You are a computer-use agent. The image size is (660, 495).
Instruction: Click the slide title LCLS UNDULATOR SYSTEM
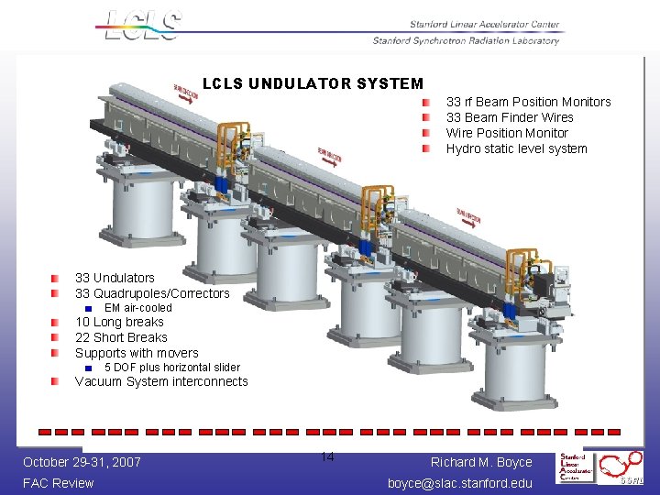click(x=313, y=84)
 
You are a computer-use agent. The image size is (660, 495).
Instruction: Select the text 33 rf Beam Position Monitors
click(x=528, y=102)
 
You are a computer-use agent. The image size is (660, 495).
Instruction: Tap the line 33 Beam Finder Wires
click(x=510, y=117)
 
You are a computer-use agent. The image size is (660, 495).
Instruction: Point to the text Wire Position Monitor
click(x=507, y=133)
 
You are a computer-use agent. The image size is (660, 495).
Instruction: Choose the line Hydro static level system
click(x=516, y=148)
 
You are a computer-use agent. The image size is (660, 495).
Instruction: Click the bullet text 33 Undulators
click(x=115, y=278)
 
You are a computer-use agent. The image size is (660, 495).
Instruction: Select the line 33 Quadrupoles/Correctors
click(x=152, y=293)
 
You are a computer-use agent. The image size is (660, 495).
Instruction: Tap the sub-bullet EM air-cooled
click(x=137, y=308)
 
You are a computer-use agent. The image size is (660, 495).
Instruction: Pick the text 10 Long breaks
click(x=119, y=322)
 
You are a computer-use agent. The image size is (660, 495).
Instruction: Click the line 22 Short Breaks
click(x=121, y=337)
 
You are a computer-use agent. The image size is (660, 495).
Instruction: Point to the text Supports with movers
click(x=137, y=353)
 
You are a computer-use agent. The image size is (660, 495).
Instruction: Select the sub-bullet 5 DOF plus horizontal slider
click(x=171, y=368)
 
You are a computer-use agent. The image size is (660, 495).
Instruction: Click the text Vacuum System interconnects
click(x=161, y=381)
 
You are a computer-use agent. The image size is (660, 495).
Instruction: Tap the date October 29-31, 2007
click(x=82, y=462)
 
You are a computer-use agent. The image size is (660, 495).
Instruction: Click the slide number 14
click(x=327, y=457)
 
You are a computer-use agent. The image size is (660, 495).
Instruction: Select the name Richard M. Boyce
click(x=481, y=462)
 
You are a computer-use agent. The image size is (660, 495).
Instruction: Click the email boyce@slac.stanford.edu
click(x=459, y=483)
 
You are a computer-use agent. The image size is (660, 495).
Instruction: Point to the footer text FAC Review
click(x=59, y=483)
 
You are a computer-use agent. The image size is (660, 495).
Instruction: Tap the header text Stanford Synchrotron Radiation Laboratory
click(x=466, y=40)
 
